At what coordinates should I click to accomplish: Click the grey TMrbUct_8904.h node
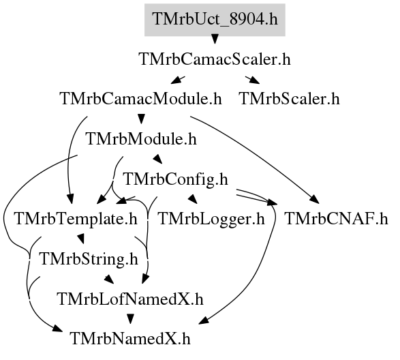[x=215, y=20]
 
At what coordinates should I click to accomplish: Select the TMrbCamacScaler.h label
[x=215, y=59]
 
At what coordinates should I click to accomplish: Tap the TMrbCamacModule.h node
[x=141, y=99]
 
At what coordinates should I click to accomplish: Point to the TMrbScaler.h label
[x=290, y=99]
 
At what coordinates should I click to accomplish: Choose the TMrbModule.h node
[x=142, y=139]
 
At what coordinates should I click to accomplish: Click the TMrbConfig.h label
[x=176, y=179]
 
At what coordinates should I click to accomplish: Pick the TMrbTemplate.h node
[x=76, y=219]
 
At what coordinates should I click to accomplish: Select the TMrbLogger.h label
[x=211, y=219]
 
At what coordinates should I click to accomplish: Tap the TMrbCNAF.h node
[x=336, y=219]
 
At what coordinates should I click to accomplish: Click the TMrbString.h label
[x=89, y=259]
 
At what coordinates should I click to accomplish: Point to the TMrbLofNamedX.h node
[x=130, y=299]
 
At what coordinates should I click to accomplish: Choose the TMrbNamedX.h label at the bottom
[x=130, y=339]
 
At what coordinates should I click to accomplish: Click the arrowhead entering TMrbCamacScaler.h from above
[x=215, y=39]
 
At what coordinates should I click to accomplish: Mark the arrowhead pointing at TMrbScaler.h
[x=254, y=80]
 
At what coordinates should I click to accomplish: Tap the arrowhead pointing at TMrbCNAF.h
[x=314, y=199]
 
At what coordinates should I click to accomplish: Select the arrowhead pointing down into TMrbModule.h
[x=141, y=119]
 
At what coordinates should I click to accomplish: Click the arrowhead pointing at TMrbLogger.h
[x=193, y=199]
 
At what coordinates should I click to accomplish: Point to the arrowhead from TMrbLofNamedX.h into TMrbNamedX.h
[x=130, y=319]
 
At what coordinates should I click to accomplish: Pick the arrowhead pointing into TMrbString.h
[x=81, y=239]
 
